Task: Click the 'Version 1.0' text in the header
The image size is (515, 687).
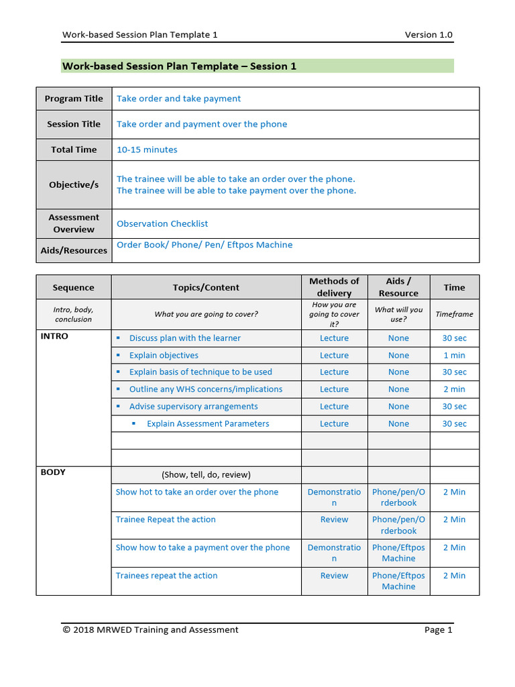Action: (428, 35)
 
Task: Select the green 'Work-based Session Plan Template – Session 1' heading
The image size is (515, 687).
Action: (179, 66)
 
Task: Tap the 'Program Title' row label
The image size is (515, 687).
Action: (74, 99)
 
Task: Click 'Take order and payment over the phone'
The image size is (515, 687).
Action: (202, 124)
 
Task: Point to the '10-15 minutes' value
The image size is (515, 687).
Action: (147, 150)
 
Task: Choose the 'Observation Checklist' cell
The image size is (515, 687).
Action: (162, 223)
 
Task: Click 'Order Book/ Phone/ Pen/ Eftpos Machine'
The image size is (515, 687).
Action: (205, 245)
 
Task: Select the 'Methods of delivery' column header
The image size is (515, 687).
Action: (334, 287)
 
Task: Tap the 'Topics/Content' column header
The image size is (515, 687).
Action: (206, 287)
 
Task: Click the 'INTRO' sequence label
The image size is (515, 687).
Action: (54, 336)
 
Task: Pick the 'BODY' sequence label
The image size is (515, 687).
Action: (53, 472)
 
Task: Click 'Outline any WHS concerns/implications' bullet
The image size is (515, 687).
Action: (206, 389)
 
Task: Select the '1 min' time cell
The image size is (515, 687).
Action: (454, 356)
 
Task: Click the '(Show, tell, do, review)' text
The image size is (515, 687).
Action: (206, 474)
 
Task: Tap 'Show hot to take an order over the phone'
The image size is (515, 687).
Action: (196, 492)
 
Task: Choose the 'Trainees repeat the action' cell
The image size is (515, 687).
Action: (166, 576)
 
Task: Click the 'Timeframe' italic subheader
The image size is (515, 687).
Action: (454, 314)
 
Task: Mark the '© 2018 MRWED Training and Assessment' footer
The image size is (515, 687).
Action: (150, 629)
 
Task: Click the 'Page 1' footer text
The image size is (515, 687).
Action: (439, 629)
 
